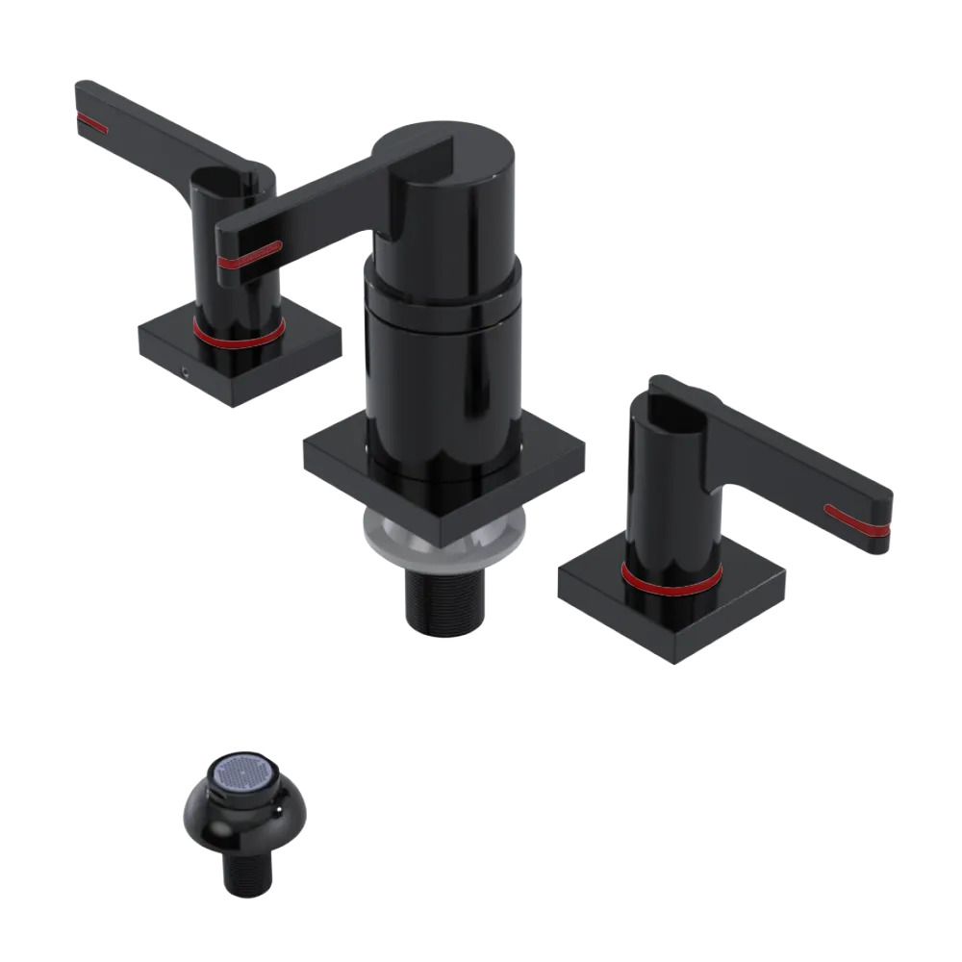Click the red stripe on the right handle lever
(x=856, y=519)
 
